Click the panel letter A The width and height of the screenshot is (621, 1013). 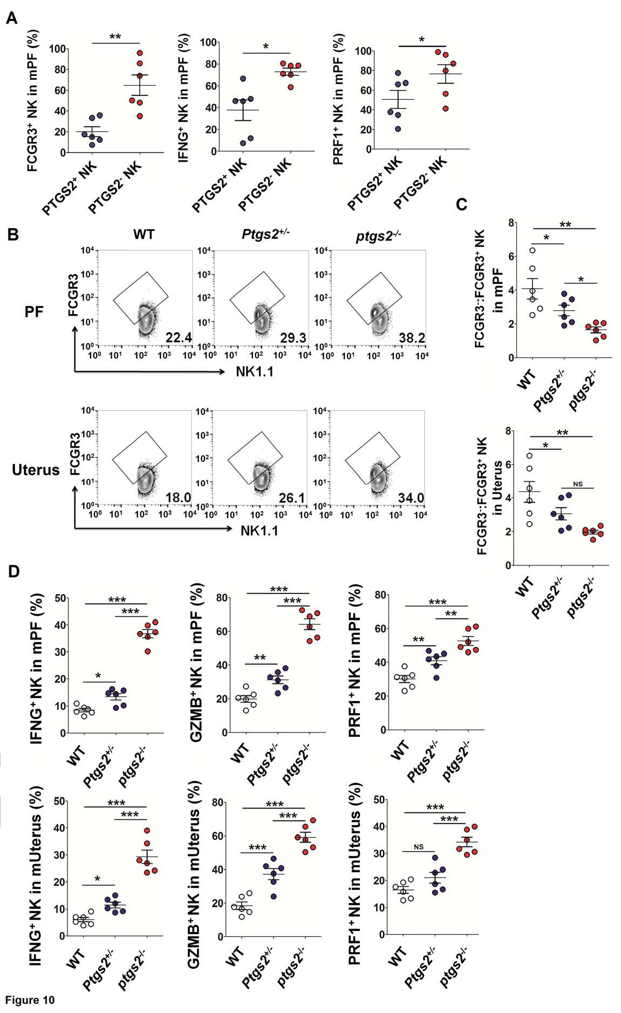(x=12, y=18)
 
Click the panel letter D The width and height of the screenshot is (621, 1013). (x=13, y=571)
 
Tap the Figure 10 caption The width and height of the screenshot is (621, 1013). (x=30, y=1000)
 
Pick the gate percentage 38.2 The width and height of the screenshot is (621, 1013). (x=412, y=338)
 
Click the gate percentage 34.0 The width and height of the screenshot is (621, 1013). (x=411, y=497)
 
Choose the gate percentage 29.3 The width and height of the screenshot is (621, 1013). (x=293, y=338)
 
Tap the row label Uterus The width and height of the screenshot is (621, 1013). (x=36, y=470)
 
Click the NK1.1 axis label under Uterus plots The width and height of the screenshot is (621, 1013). (x=260, y=530)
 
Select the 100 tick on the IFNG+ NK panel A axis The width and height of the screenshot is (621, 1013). (x=207, y=43)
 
